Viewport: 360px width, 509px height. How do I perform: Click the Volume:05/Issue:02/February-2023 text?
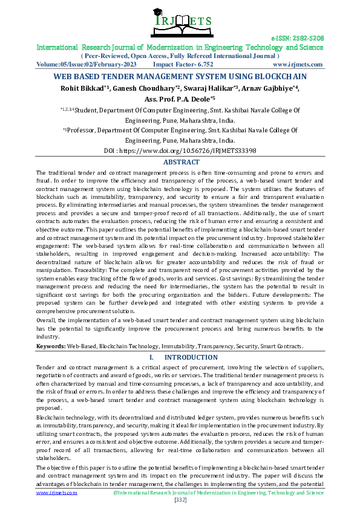(x=86, y=64)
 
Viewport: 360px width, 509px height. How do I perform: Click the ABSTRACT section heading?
(x=181, y=163)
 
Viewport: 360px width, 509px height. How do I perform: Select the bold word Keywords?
(x=50, y=346)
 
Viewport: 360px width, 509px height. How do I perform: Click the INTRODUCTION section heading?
(x=191, y=357)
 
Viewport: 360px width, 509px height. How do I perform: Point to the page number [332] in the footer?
(x=180, y=499)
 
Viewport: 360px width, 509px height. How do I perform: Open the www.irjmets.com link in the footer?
(x=57, y=493)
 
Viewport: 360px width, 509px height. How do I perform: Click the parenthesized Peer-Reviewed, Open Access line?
(x=180, y=56)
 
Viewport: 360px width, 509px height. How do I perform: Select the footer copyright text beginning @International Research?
(x=218, y=493)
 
